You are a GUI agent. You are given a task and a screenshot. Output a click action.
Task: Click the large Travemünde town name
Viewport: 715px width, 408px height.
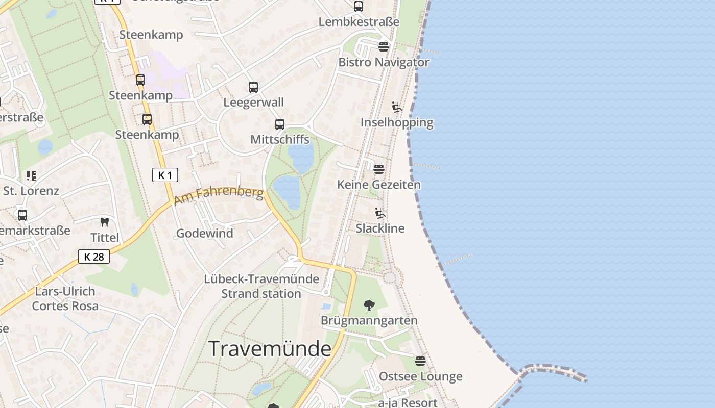click(270, 349)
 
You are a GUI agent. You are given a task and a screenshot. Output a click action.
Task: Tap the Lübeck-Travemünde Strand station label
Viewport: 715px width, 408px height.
click(261, 286)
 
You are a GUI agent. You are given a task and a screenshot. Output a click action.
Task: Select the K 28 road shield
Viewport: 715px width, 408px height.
click(94, 257)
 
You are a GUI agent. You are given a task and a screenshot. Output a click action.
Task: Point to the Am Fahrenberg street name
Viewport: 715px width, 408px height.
click(219, 195)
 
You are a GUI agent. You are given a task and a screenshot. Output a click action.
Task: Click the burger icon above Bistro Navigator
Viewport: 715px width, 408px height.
click(384, 47)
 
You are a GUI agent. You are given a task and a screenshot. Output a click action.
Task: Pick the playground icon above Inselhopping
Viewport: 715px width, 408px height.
click(397, 107)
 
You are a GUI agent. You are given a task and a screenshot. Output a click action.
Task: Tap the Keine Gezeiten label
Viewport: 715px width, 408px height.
click(379, 185)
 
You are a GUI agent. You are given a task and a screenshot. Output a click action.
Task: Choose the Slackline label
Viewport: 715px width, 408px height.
click(380, 228)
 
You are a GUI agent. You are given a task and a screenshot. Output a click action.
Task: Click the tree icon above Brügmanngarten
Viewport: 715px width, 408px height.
click(369, 305)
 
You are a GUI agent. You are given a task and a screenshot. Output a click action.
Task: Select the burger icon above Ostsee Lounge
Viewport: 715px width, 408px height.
click(420, 361)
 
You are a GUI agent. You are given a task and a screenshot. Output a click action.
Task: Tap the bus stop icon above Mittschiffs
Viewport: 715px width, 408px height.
click(280, 124)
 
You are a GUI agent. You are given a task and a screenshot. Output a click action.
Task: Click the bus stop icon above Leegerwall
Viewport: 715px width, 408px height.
click(253, 87)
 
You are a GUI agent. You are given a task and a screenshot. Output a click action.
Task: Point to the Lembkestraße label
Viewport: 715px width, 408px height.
click(359, 22)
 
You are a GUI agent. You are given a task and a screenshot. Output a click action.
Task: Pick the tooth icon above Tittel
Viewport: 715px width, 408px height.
click(105, 222)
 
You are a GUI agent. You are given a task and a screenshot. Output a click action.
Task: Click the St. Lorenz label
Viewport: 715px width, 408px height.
click(31, 191)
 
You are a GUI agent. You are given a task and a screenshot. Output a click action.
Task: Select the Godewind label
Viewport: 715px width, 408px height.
click(205, 233)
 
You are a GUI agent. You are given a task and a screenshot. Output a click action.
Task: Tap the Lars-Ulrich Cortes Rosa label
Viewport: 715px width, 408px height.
click(65, 299)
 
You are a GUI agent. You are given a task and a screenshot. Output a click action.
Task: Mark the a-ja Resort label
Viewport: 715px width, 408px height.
click(408, 403)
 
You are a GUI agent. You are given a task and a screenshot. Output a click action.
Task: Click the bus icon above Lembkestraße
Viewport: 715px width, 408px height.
click(359, 7)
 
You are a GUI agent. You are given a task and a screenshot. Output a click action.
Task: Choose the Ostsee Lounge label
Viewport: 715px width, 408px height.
click(420, 376)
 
